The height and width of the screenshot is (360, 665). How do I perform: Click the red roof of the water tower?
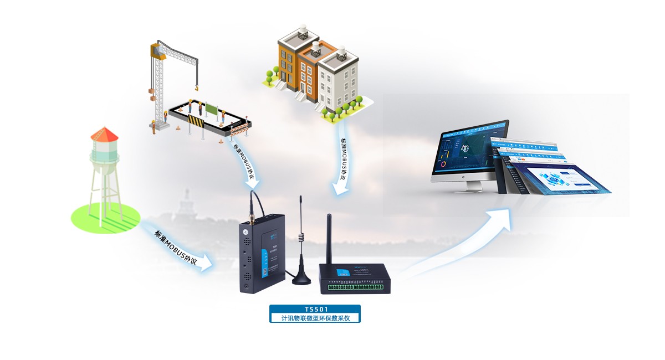coord(104,134)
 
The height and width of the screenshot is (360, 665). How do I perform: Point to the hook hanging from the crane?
coord(195,86)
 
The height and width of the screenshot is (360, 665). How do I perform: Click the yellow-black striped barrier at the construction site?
coord(196,121)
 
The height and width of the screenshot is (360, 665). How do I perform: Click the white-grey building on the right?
coord(339,80)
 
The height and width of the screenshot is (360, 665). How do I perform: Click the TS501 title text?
coord(315,309)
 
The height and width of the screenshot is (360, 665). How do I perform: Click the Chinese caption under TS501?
coord(315,318)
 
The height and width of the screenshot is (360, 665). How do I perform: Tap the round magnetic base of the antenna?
coord(301,279)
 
